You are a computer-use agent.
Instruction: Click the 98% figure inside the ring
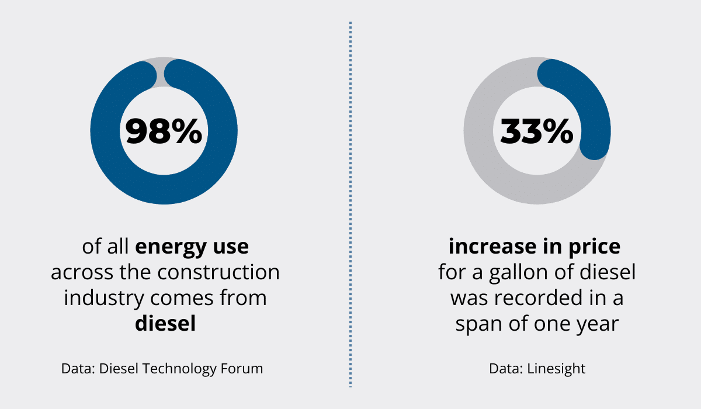164,131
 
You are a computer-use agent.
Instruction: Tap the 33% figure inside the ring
537,131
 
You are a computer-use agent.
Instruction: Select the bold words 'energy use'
192,247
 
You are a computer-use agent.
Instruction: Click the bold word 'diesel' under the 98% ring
165,323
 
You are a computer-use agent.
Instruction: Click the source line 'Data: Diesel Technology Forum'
162,369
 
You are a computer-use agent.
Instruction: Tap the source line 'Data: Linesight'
537,369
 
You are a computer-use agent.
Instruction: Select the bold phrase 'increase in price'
535,247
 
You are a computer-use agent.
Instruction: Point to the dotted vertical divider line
350,204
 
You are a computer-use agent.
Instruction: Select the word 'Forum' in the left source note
244,369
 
